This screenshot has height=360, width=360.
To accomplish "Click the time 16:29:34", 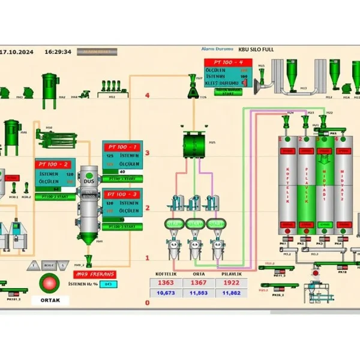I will point(59,52).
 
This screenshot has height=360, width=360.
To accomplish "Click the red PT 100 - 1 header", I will point(122,146).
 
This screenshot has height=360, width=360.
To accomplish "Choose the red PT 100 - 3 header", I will point(122,194).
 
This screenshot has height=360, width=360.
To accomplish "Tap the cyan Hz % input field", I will point(109,284).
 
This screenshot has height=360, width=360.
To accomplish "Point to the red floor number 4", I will point(147,95).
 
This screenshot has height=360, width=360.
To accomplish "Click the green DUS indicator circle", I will point(89,176).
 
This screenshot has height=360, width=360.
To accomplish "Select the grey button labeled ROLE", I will point(49,265).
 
